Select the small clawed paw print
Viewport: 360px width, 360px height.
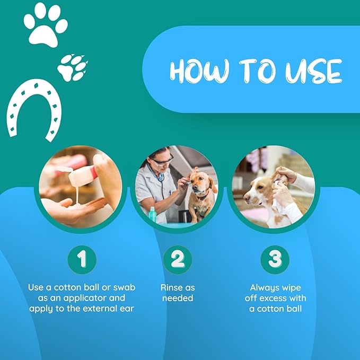72,68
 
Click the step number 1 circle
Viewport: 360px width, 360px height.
82,259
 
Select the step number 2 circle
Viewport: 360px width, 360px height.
178,259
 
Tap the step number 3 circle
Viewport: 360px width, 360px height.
275,259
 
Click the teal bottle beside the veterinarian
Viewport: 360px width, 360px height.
152,214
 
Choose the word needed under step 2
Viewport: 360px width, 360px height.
178,298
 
